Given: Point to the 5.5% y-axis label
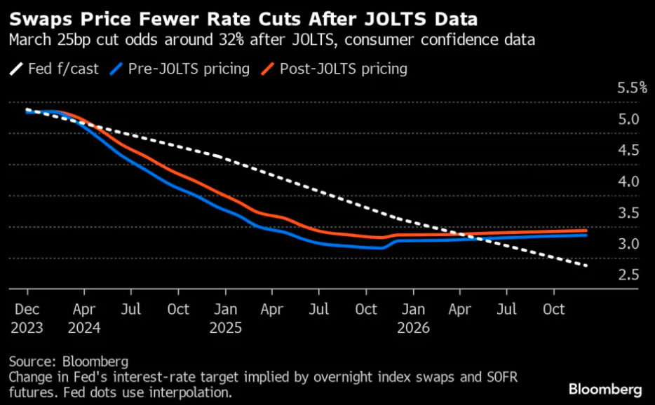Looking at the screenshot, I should tap(632, 88).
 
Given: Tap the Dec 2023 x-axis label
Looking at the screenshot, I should tap(27, 318).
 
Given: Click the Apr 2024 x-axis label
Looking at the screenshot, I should tap(83, 318).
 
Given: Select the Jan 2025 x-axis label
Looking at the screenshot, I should tap(224, 318).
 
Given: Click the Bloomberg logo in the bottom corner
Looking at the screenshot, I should tap(605, 389).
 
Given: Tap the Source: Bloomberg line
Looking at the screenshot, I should tap(69, 362).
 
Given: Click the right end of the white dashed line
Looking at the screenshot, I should tap(586, 266).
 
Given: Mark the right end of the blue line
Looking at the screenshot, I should tap(586, 235).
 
